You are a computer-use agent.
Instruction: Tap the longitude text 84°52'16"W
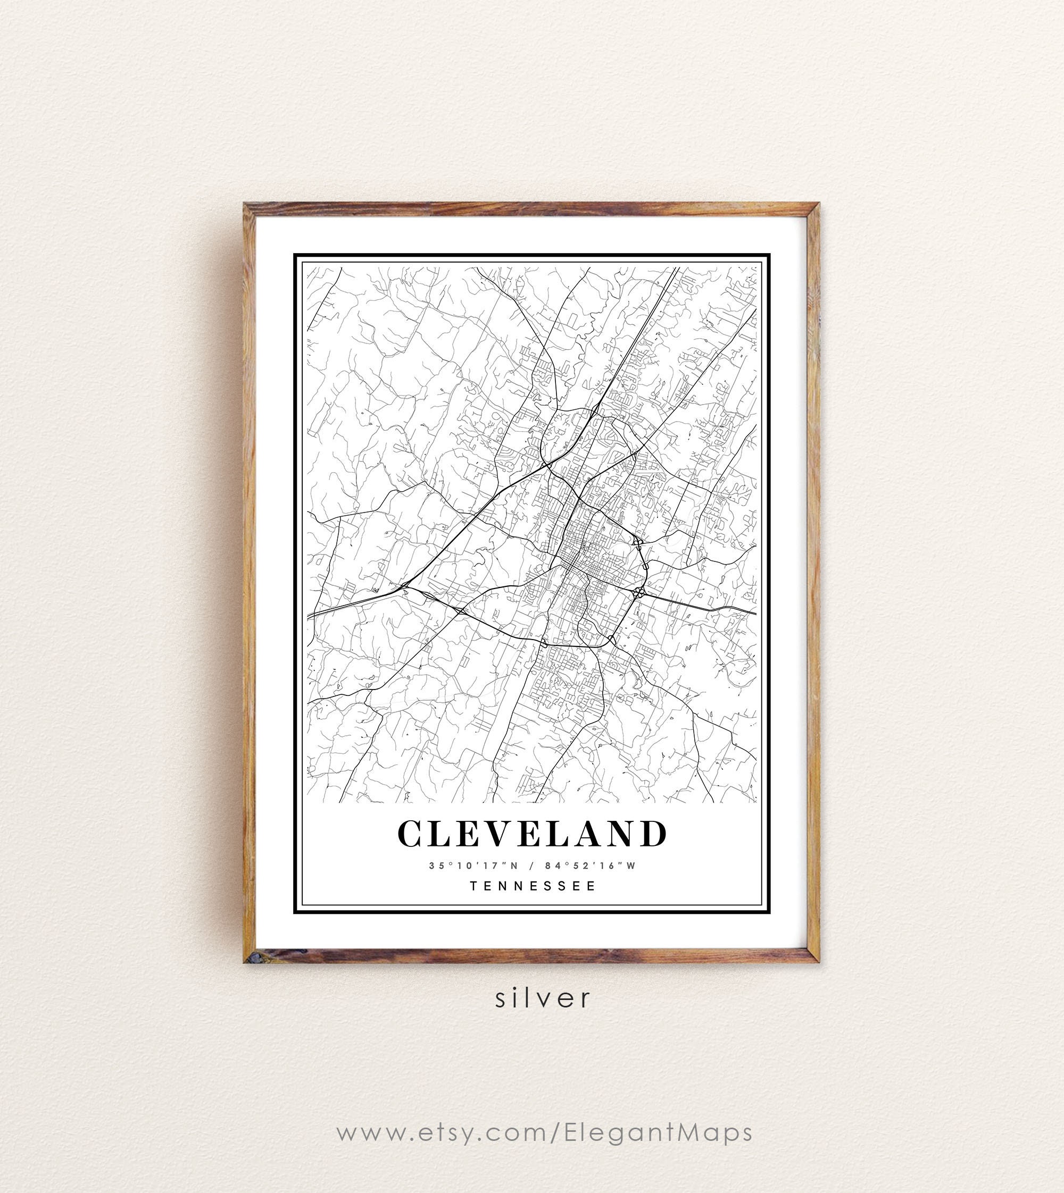pyautogui.click(x=589, y=866)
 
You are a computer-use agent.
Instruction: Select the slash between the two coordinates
pyautogui.click(x=531, y=866)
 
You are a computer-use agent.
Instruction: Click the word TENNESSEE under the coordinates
pyautogui.click(x=533, y=886)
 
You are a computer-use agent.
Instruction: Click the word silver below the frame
pyautogui.click(x=543, y=998)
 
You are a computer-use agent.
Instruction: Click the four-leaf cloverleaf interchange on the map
pyautogui.click(x=638, y=593)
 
